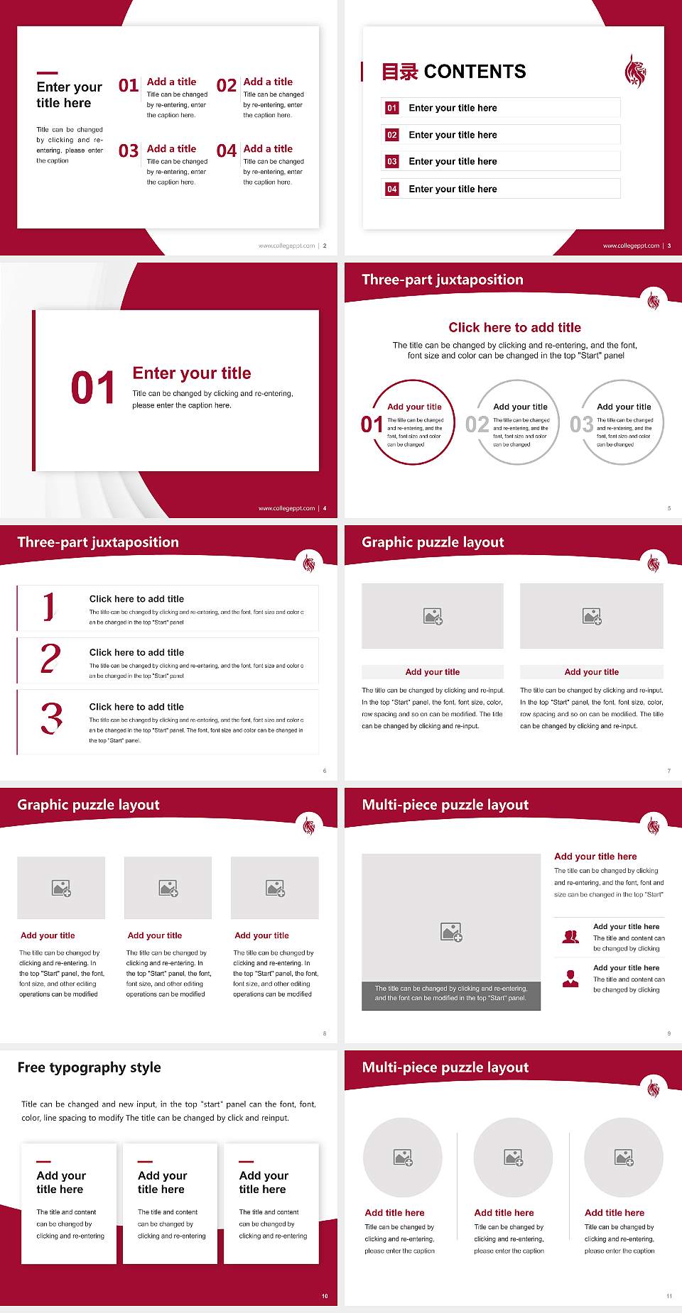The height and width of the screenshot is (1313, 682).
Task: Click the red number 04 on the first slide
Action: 227,151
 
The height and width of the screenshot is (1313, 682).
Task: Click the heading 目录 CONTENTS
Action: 453,72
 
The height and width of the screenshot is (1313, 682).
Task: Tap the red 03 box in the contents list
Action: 392,162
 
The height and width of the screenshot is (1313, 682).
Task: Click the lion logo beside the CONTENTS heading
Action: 635,71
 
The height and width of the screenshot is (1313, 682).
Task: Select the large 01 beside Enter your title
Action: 92,388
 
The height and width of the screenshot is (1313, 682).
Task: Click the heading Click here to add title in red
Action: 514,327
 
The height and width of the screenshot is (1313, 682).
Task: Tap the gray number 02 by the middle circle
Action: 477,424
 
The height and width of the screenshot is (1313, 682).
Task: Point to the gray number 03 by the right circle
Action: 581,424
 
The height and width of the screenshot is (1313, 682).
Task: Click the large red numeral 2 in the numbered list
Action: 50,659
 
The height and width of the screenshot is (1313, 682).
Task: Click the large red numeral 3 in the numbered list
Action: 51,718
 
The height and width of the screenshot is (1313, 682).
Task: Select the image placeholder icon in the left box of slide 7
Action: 433,616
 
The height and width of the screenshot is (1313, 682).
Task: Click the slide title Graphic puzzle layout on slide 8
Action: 88,805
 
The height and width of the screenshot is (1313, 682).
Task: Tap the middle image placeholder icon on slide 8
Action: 168,888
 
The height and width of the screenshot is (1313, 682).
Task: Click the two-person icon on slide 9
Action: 570,937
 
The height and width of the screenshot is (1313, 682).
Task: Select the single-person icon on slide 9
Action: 570,979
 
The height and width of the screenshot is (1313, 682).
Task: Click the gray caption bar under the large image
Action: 451,993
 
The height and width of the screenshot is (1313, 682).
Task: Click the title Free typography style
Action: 89,1067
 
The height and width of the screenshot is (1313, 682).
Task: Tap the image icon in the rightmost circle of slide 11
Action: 624,1158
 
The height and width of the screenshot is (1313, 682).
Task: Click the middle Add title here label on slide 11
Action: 504,1213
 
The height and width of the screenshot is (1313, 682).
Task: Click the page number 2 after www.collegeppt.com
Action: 325,246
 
